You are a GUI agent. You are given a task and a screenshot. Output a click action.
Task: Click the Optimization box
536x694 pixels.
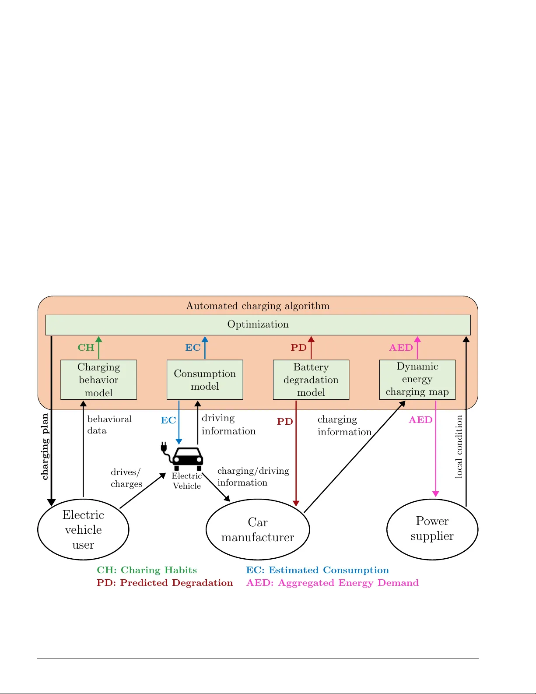tap(258, 324)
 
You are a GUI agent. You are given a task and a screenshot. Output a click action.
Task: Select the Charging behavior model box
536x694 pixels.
tap(98, 380)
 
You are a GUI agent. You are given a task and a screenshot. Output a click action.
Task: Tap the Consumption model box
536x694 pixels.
tap(205, 380)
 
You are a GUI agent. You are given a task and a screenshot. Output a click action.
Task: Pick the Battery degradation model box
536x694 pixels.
tap(311, 380)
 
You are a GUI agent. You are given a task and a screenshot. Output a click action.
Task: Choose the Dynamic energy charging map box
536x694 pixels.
tap(417, 379)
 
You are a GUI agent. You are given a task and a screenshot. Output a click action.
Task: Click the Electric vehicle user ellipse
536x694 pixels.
tap(83, 529)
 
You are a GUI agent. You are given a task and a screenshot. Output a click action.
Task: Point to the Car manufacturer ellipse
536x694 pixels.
tap(258, 529)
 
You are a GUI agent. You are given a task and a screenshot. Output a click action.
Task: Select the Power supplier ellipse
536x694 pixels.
tap(432, 529)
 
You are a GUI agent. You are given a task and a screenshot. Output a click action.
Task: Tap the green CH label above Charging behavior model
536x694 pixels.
tap(86, 348)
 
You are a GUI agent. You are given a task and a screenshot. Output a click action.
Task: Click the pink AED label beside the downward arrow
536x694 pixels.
tap(420, 420)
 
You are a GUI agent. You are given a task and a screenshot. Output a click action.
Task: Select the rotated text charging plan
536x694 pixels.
tap(45, 447)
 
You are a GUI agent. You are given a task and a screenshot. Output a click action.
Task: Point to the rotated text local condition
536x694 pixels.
tap(459, 447)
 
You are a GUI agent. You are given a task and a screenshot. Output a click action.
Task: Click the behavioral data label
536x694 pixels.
tap(109, 425)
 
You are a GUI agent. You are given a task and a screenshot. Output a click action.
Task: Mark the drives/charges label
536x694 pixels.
tap(126, 478)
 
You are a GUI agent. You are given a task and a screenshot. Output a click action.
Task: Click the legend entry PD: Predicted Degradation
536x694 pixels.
tap(165, 583)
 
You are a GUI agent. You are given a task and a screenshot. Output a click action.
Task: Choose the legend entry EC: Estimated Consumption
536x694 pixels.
tap(317, 570)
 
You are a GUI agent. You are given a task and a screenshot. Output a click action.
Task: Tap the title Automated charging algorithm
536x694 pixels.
tap(258, 306)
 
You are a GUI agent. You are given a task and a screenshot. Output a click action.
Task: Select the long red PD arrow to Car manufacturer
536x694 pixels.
tap(296, 460)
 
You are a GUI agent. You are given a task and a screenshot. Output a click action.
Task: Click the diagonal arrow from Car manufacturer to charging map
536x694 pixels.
tap(354, 457)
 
